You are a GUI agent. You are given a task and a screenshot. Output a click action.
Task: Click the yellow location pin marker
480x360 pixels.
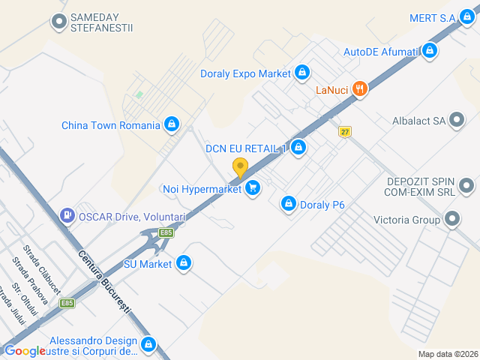click(240, 167)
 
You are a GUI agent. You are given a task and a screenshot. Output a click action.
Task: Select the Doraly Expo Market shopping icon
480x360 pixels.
click(301, 73)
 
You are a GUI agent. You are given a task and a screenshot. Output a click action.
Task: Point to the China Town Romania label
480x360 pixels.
click(111, 125)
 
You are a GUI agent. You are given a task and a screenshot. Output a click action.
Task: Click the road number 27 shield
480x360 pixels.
click(344, 131)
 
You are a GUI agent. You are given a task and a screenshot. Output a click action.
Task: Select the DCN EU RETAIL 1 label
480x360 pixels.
click(246, 148)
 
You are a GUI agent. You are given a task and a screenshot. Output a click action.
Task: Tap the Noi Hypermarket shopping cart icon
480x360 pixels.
click(253, 189)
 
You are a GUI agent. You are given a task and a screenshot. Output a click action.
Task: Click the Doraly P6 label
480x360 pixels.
click(322, 203)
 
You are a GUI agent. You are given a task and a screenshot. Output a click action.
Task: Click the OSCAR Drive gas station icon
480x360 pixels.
click(67, 216)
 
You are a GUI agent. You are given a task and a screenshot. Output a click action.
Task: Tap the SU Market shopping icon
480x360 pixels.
click(184, 263)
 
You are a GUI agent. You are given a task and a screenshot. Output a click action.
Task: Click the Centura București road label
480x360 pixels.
click(104, 282)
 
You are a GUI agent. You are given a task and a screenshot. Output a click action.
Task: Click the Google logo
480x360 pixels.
click(25, 351)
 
